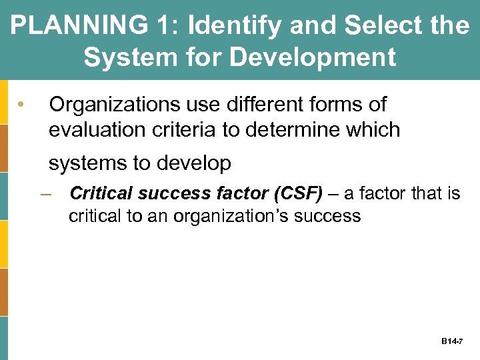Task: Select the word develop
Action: (x=196, y=163)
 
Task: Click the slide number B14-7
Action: (x=451, y=341)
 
